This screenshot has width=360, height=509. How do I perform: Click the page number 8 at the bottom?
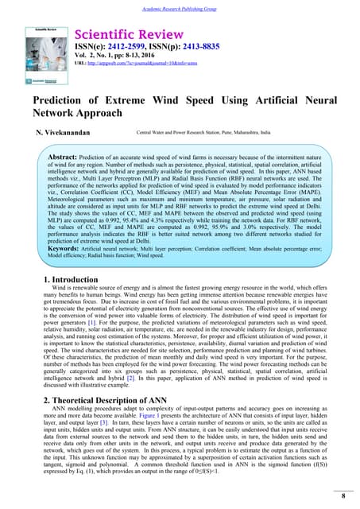point(342,496)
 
